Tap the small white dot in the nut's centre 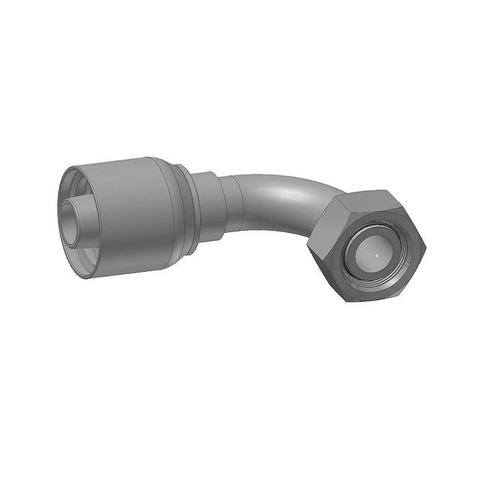tap(376, 255)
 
